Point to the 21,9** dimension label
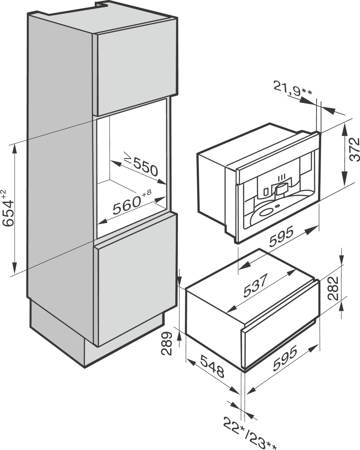[x=293, y=89]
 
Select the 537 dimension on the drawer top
[x=255, y=286]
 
